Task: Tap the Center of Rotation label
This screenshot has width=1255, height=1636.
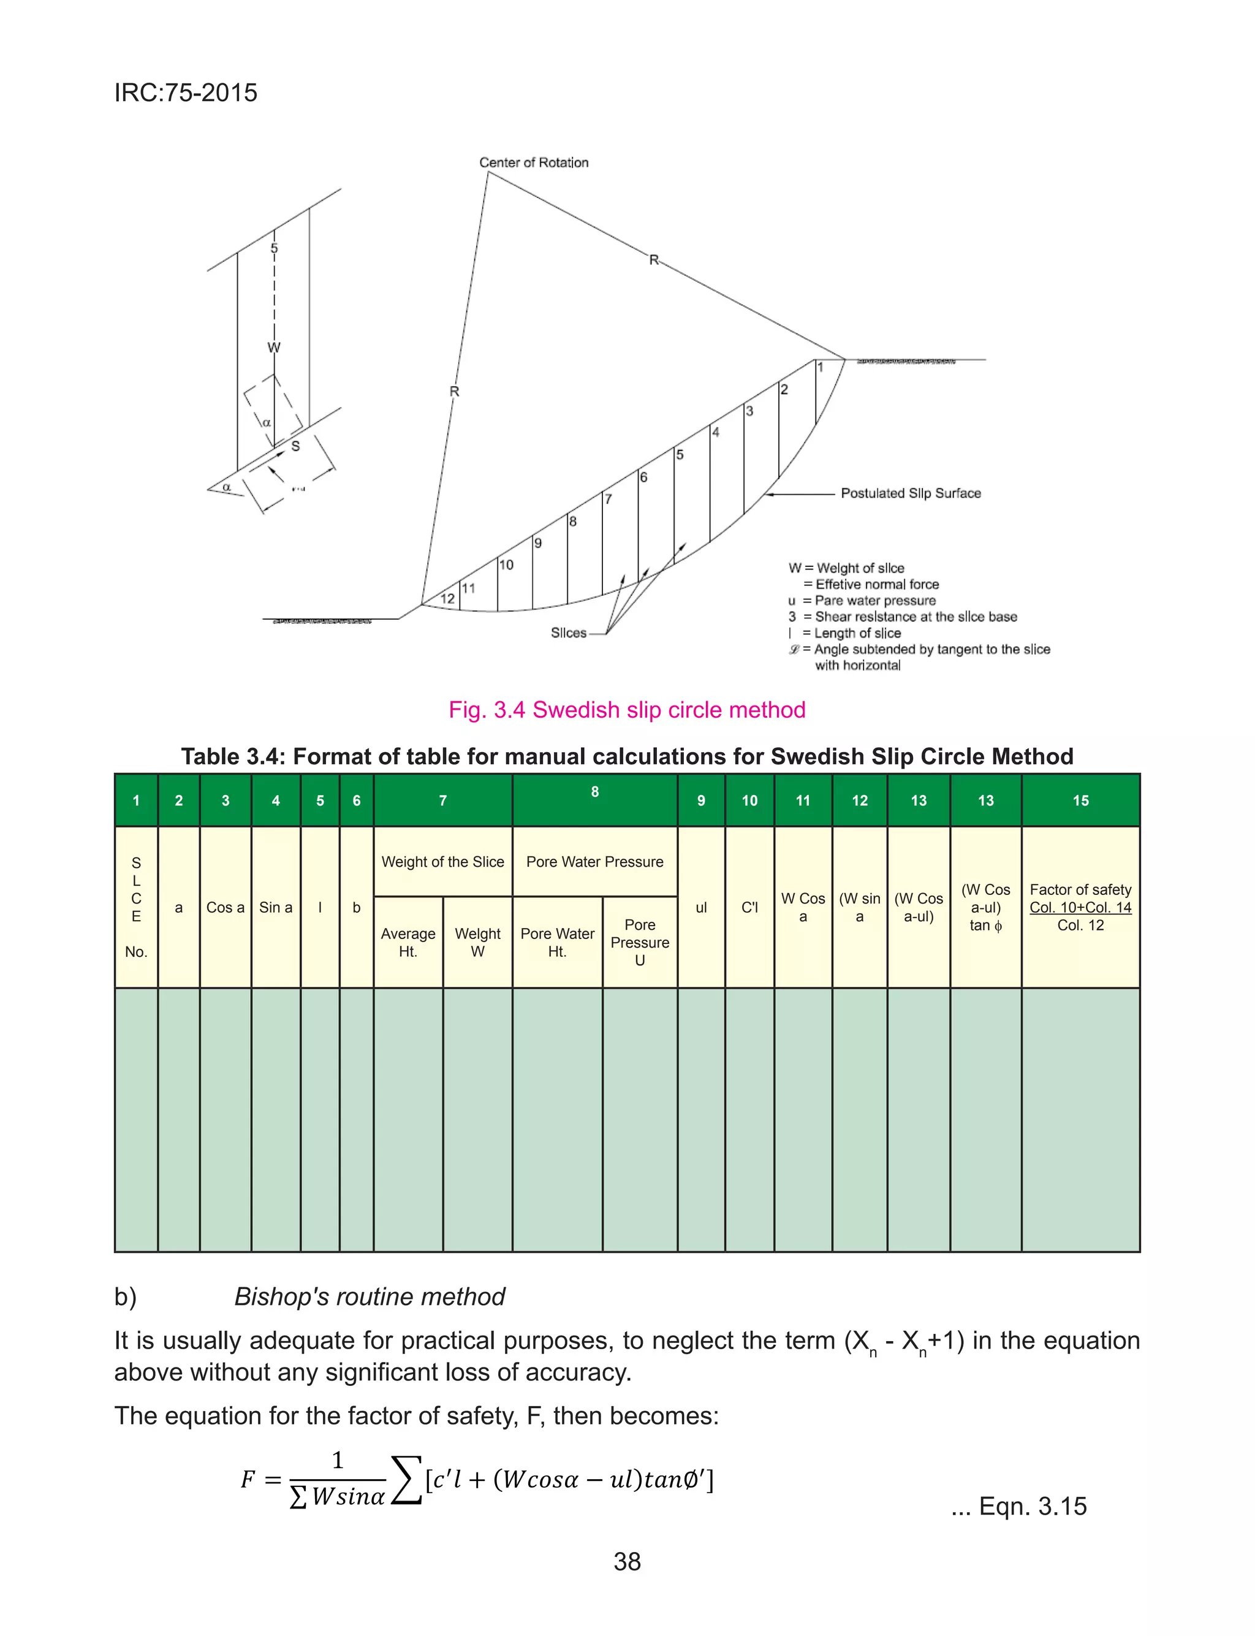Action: click(533, 162)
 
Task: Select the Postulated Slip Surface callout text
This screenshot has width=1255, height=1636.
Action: click(910, 493)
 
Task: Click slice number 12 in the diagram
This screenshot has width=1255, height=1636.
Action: click(447, 598)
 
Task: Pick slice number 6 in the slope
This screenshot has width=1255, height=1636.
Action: click(643, 477)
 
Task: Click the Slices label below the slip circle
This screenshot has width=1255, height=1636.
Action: click(569, 633)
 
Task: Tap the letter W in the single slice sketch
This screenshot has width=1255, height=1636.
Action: click(274, 348)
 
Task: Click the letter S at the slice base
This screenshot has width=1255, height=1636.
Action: click(295, 446)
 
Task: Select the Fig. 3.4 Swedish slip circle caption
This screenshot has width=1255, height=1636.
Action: click(627, 710)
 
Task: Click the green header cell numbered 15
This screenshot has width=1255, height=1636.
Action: click(1080, 800)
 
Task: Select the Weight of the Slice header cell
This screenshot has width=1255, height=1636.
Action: click(442, 861)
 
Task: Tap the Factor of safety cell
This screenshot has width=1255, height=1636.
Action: click(1080, 907)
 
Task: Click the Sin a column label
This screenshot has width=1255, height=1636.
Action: click(276, 907)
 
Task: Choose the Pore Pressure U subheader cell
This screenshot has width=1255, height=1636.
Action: click(640, 942)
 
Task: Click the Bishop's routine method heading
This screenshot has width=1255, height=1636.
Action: click(369, 1296)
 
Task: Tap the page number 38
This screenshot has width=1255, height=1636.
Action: click(627, 1561)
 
